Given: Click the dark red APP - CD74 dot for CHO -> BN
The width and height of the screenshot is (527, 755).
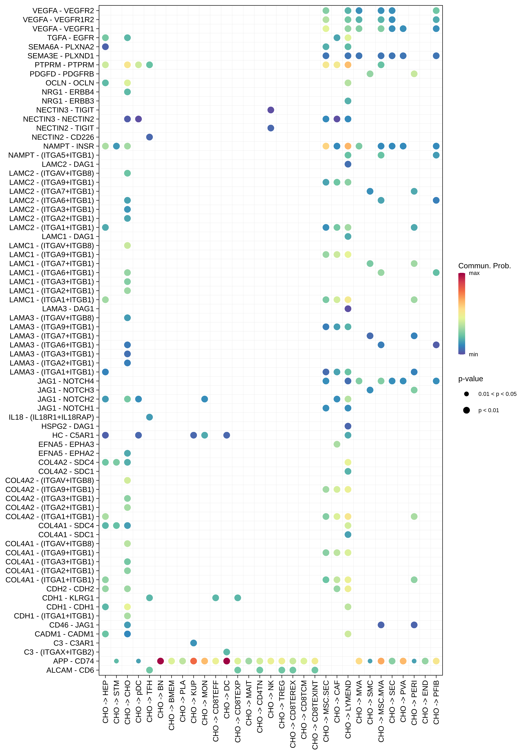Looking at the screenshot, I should pyautogui.click(x=160, y=661).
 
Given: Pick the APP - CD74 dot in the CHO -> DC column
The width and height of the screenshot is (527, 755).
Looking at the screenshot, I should pyautogui.click(x=227, y=661).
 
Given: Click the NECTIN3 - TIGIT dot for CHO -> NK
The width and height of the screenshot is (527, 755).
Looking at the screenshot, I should pyautogui.click(x=271, y=110).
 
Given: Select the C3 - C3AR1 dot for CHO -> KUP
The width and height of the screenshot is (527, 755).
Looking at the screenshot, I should pyautogui.click(x=194, y=643).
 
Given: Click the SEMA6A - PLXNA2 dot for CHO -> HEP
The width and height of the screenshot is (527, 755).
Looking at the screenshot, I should pyautogui.click(x=105, y=47).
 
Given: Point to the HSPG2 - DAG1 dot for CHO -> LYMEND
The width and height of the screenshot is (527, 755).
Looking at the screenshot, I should pyautogui.click(x=348, y=426).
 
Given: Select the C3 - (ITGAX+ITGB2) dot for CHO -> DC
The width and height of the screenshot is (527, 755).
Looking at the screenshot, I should pyautogui.click(x=227, y=652).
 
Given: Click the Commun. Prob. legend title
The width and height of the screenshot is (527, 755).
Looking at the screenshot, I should pyautogui.click(x=484, y=266).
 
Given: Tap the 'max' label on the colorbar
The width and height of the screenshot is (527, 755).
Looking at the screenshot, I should pyautogui.click(x=474, y=273).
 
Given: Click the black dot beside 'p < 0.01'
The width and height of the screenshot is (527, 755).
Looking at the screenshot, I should pyautogui.click(x=466, y=410).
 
